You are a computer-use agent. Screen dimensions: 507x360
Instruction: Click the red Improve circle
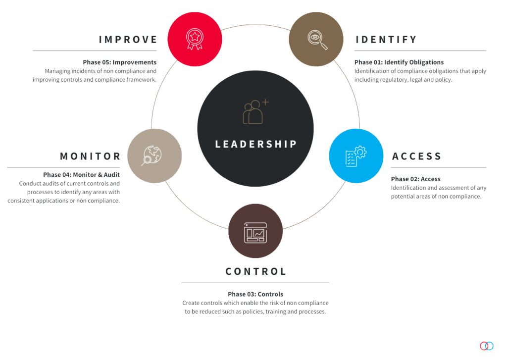[x=195, y=39]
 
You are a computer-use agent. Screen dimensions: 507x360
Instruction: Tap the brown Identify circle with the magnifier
[x=316, y=39]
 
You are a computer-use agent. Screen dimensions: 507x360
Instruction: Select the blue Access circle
[x=356, y=156]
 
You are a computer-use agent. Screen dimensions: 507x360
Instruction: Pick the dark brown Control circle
[x=255, y=231]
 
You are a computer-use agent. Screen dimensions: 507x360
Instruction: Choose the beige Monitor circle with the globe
[x=154, y=156]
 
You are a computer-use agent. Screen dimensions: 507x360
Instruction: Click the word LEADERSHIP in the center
[x=256, y=144]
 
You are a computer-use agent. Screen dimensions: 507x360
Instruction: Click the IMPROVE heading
[x=128, y=40]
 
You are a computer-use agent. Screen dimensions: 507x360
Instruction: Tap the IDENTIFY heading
[x=386, y=40]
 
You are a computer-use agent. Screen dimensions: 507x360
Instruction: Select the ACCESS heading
[x=416, y=156]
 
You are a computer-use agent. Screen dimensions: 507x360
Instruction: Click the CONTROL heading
[x=256, y=271]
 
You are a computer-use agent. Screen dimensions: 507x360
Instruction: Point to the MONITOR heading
[x=90, y=156]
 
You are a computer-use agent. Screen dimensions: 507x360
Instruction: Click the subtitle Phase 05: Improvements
[x=120, y=62]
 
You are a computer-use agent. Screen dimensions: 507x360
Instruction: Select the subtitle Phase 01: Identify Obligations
[x=399, y=62]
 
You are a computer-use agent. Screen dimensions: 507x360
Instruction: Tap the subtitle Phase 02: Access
[x=416, y=179]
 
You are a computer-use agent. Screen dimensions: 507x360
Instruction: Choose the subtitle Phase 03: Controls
[x=255, y=294]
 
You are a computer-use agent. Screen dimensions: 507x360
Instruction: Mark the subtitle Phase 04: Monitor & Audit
[x=82, y=175]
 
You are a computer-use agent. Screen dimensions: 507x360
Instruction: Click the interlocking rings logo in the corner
[x=487, y=346]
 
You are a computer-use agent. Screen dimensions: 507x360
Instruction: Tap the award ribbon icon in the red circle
[x=195, y=39]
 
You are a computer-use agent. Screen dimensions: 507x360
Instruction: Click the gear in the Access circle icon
[x=360, y=152]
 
